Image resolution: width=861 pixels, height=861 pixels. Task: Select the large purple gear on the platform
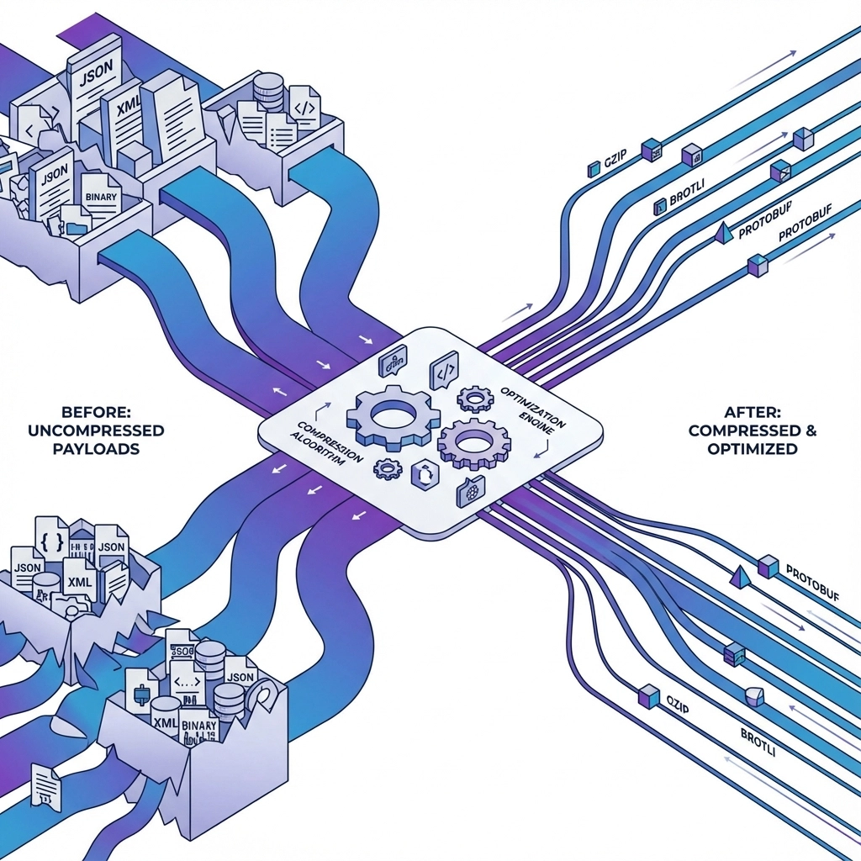click(473, 443)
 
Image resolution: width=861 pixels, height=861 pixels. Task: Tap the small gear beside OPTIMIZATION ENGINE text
click(475, 398)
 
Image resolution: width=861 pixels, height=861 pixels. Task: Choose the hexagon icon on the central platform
click(424, 474)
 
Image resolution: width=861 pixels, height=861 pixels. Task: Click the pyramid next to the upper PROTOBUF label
click(722, 234)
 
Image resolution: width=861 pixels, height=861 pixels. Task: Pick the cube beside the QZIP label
click(648, 695)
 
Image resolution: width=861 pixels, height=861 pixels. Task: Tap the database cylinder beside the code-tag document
click(267, 89)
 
